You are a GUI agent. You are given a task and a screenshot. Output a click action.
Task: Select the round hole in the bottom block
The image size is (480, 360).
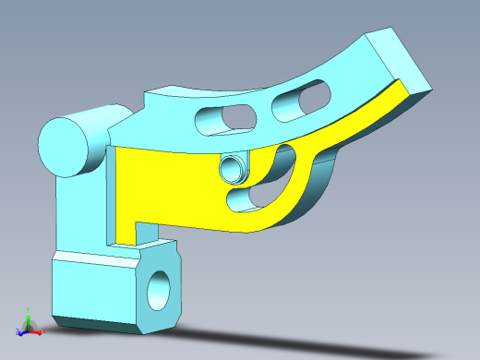pos(160,289)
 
